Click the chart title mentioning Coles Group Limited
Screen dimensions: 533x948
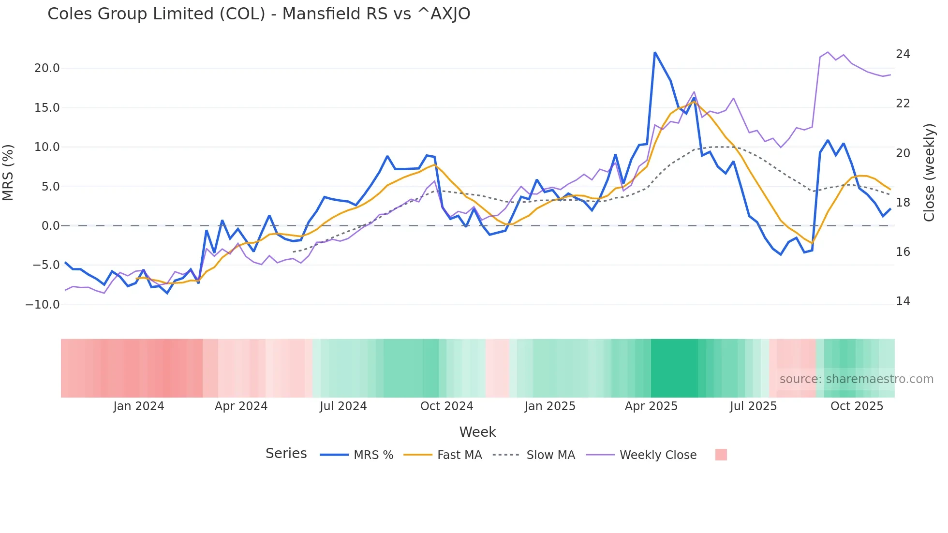[259, 14]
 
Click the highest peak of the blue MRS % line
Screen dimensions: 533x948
[654, 53]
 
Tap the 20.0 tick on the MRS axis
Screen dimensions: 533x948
[47, 68]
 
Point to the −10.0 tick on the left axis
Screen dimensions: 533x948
[43, 305]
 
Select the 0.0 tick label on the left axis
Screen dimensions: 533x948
[50, 226]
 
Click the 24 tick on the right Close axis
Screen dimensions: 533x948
[903, 54]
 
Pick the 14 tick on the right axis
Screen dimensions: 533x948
[903, 301]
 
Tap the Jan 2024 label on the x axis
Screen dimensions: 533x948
[139, 406]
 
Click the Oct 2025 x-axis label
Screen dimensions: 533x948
[857, 406]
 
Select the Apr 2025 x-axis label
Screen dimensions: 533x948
[651, 406]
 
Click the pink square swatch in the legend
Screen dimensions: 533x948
[721, 455]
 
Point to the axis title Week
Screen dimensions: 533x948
[477, 432]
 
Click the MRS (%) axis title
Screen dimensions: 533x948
[8, 172]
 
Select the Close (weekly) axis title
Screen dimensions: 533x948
[929, 173]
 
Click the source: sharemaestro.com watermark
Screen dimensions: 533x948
[856, 379]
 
